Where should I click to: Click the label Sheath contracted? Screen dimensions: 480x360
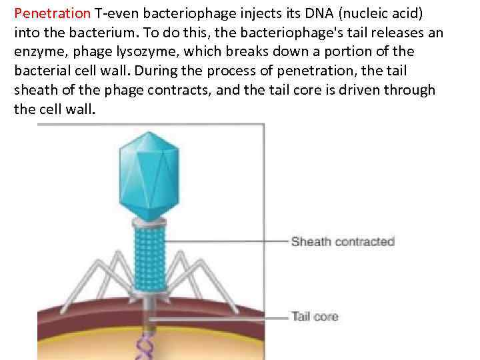343,241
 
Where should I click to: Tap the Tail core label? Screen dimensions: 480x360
315,316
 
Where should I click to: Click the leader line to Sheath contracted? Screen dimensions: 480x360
227,241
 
